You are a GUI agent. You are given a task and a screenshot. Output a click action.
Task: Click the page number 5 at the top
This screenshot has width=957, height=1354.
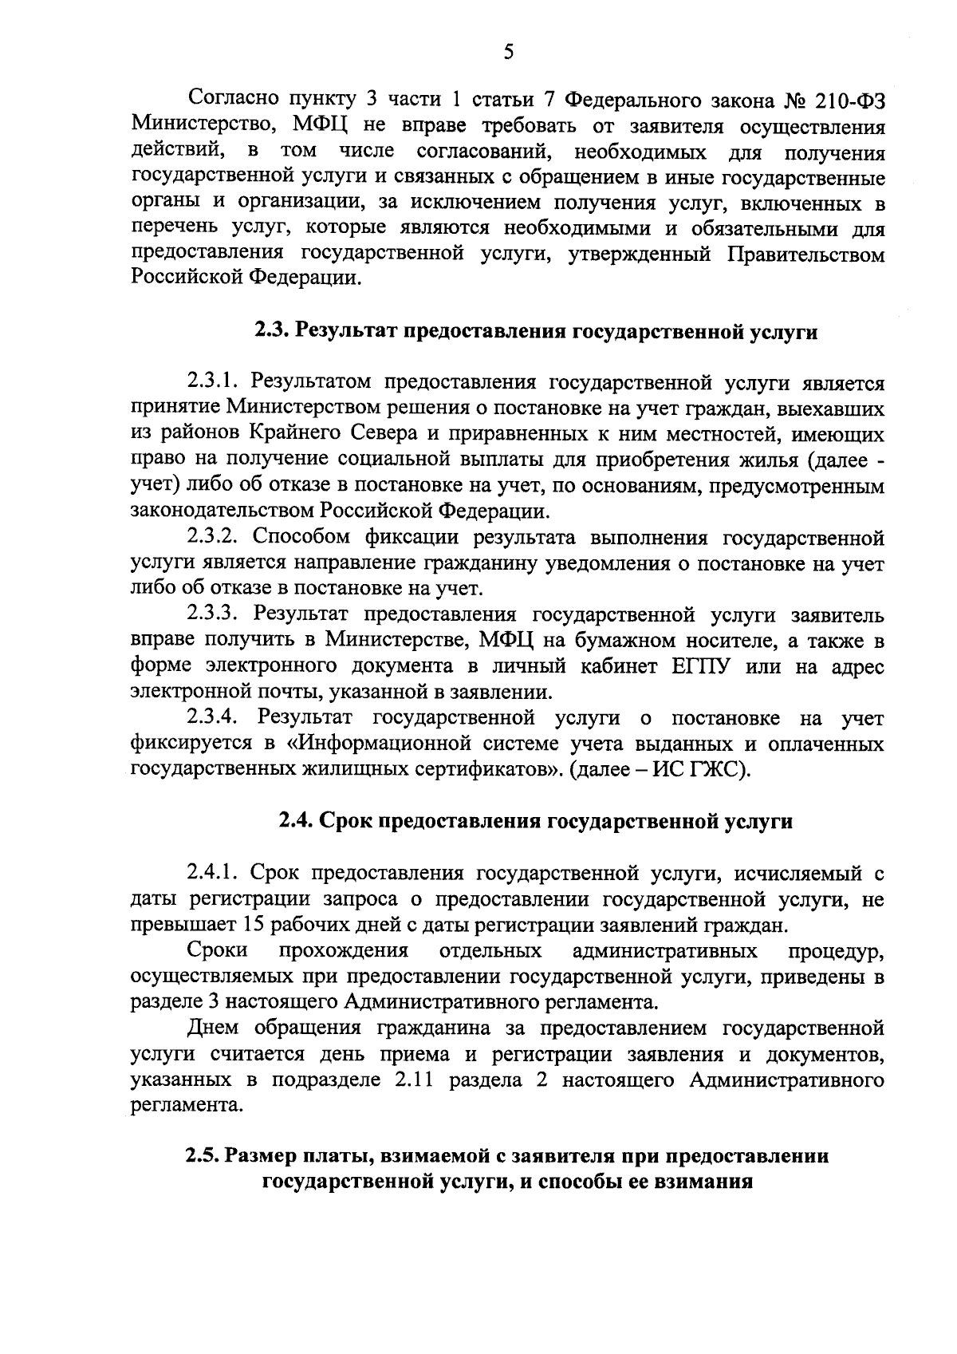tap(508, 53)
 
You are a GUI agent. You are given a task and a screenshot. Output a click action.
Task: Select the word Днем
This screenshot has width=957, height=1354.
tap(213, 1028)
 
